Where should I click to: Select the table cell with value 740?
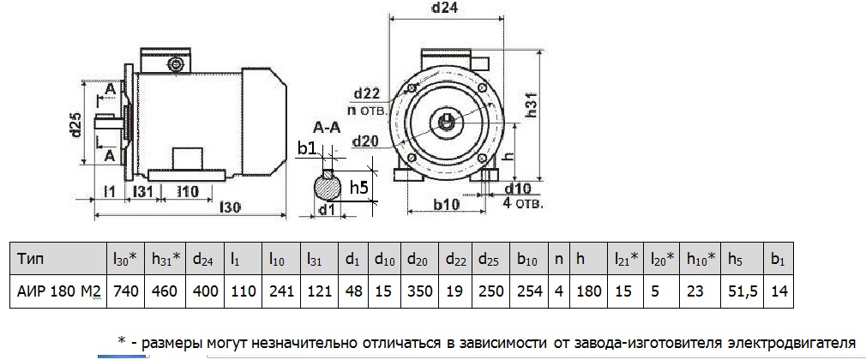pos(125,291)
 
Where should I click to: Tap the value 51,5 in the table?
pos(741,291)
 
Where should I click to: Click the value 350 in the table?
pos(419,291)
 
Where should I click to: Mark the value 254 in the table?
pos(530,291)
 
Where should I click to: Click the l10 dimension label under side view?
pos(188,189)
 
